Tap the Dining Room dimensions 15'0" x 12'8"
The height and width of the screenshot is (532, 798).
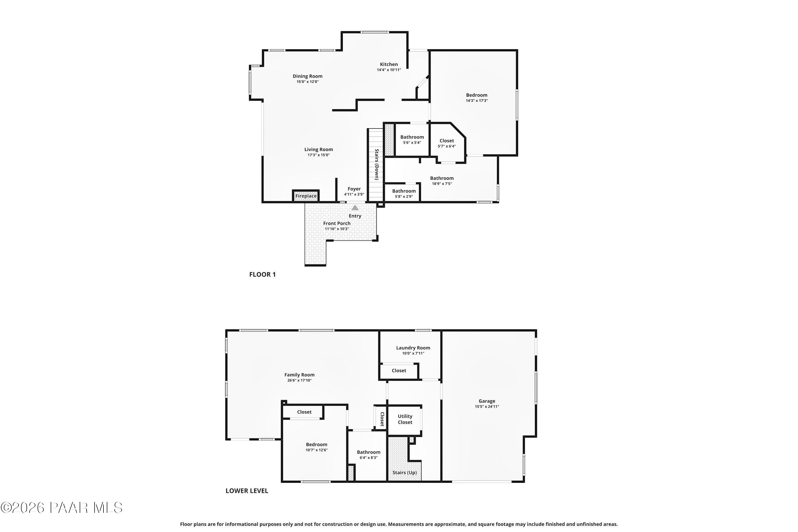coord(307,82)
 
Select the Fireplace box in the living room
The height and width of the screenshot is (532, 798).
coord(306,196)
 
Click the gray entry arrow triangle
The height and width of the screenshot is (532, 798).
coord(355,208)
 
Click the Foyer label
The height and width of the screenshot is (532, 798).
coord(354,189)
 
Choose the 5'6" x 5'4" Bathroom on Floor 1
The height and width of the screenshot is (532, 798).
coord(412,139)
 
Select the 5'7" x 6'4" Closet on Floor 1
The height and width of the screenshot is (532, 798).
coord(447,143)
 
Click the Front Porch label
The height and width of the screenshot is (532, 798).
coord(336,223)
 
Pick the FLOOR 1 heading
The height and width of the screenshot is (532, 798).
coord(262,275)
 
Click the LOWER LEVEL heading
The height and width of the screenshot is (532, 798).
coord(247,491)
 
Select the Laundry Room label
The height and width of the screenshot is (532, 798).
coord(413,348)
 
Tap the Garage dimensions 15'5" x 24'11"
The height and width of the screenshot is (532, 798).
coord(487,406)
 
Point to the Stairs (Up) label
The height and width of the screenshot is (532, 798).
coord(404,472)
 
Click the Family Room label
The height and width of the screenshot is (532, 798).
coord(299,375)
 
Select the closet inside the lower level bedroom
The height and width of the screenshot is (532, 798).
coord(304,412)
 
